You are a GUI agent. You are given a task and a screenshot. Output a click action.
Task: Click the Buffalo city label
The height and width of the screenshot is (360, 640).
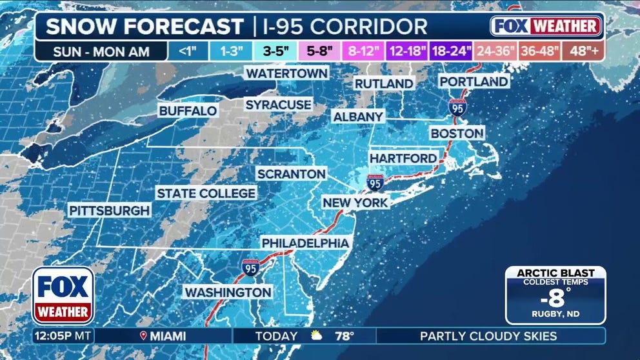click(x=188, y=111)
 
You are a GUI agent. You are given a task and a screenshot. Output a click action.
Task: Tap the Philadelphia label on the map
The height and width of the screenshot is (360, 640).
click(x=306, y=243)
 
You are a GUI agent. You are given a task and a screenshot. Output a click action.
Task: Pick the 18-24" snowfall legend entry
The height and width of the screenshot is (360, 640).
click(x=450, y=51)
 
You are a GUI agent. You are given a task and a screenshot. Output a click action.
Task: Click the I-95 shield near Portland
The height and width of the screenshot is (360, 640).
click(x=457, y=107)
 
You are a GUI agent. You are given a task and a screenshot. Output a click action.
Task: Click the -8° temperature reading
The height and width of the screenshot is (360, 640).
click(x=555, y=299)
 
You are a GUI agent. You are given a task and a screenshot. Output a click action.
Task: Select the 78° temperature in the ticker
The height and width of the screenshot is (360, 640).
click(x=344, y=336)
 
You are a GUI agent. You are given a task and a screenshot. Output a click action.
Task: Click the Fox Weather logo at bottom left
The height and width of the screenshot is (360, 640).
click(x=63, y=295)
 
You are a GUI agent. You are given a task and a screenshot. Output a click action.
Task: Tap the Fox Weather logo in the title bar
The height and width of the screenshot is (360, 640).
click(x=546, y=26)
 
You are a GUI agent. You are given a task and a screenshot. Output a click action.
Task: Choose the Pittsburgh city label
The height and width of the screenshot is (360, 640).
click(x=110, y=210)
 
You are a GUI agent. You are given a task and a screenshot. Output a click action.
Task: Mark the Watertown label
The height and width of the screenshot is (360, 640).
click(x=286, y=74)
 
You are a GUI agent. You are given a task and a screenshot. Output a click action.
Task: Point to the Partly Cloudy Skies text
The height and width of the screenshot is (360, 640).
click(x=488, y=336)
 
